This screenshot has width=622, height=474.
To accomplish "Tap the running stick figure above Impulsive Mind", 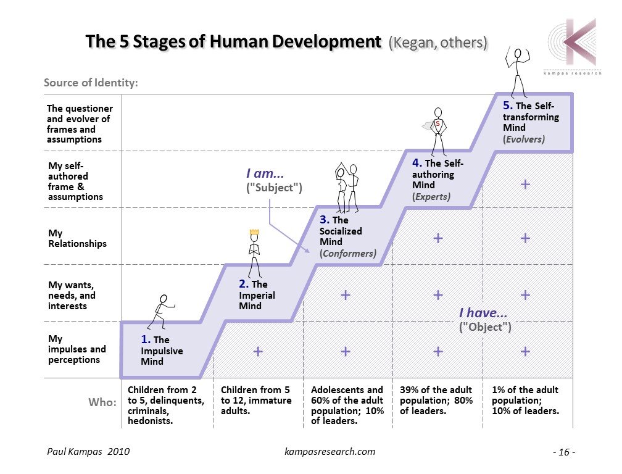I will [162, 310].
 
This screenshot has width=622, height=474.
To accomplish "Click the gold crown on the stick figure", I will [253, 233].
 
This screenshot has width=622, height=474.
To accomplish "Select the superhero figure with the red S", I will [437, 131].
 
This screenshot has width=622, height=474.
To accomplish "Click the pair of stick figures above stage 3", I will [346, 186].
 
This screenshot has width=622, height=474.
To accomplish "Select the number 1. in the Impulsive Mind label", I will [146, 339].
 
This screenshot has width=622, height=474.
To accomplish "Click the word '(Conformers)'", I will [347, 253].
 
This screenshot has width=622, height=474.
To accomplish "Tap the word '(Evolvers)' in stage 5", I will [523, 139].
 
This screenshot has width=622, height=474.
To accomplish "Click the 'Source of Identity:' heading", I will [90, 83].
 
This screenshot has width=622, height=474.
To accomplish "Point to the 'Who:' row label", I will [102, 402].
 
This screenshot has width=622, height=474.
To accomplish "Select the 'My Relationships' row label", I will [77, 238].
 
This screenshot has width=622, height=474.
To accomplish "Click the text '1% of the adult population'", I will [525, 394].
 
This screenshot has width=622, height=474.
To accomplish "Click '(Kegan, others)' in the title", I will [437, 43].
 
